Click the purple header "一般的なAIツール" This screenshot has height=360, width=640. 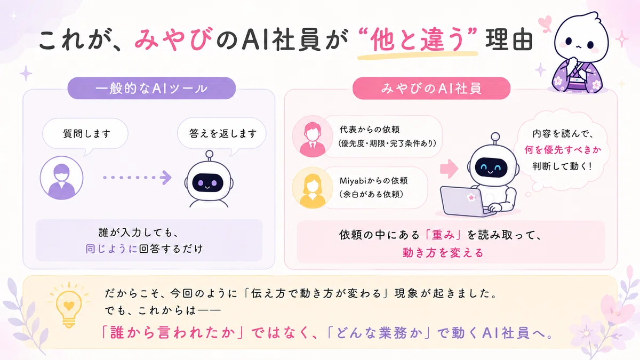[151, 89]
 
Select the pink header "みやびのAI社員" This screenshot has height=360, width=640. [431, 89]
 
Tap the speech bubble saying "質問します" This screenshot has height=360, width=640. [85, 134]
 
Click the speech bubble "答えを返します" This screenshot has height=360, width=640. [222, 134]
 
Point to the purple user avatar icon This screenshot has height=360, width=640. [61, 178]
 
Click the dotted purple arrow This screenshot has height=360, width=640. [138, 178]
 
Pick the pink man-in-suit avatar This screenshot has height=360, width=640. [313, 137]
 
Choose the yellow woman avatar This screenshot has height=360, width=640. [313, 188]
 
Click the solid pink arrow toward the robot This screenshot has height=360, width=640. [449, 169]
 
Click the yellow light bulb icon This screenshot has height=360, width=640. [69, 305]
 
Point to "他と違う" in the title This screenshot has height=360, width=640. [418, 40]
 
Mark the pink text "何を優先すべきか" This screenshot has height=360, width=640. [563, 150]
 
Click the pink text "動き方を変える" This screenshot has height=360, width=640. [443, 253]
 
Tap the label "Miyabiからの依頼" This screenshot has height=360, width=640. [373, 181]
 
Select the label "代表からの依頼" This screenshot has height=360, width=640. [370, 130]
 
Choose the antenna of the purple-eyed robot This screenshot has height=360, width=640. [210, 156]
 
